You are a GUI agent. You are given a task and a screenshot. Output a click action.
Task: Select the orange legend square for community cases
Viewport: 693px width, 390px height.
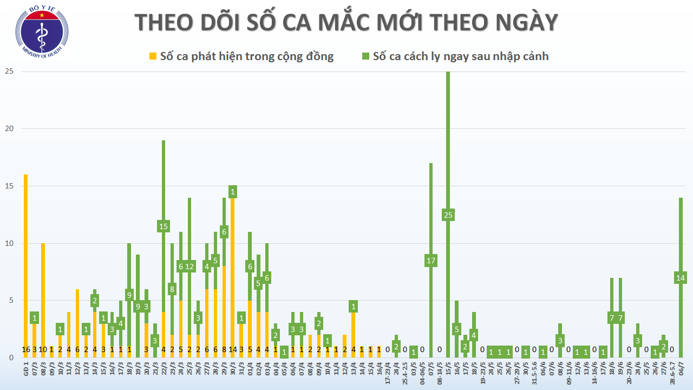tap(153, 56)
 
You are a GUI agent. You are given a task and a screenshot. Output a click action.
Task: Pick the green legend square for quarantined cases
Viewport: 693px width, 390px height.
tap(365, 56)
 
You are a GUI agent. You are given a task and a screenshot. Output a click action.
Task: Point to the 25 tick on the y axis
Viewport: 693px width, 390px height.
tap(9, 71)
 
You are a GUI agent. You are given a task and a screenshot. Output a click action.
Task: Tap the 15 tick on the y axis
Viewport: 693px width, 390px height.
tap(9, 186)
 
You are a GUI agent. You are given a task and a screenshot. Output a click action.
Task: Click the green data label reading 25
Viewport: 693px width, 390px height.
tap(448, 215)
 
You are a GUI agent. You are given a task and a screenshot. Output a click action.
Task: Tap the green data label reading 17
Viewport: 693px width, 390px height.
tap(431, 261)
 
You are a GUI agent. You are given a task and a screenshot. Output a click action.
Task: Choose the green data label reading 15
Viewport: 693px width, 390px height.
tap(164, 226)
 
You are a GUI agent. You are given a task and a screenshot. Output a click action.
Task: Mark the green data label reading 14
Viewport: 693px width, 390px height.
tap(681, 278)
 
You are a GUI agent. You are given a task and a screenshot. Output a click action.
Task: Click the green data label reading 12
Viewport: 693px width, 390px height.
tap(189, 266)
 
